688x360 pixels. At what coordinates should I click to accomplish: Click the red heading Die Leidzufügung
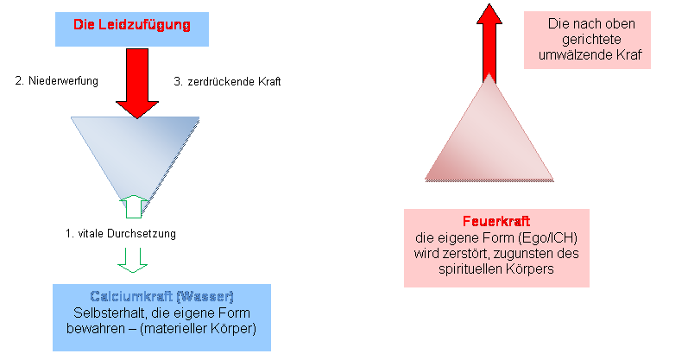tap(132, 25)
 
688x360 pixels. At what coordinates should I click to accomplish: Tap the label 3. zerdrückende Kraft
tap(222, 82)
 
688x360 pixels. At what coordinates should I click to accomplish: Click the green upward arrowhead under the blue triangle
tap(133, 205)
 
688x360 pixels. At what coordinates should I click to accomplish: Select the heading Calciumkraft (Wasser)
tap(162, 296)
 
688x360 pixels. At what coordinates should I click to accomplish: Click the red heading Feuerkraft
tap(497, 221)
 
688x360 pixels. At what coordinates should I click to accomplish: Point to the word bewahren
tap(94, 329)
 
